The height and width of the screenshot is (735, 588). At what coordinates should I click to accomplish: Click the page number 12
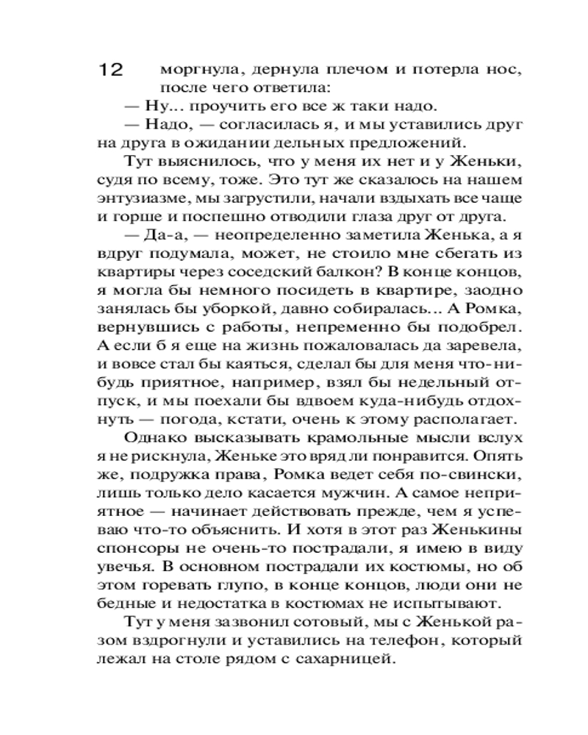[112, 71]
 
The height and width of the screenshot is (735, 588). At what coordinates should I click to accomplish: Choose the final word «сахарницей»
[345, 660]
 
